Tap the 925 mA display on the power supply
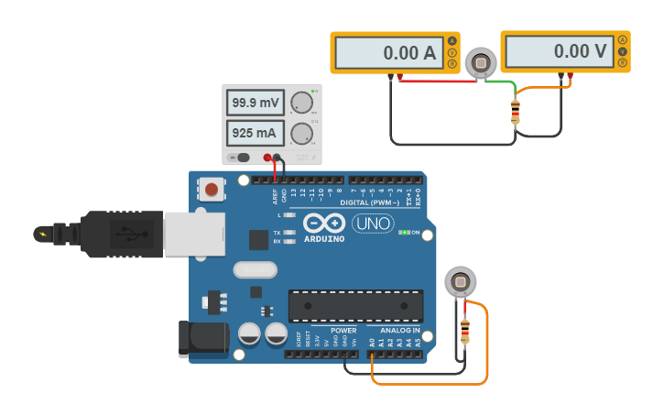click(x=254, y=134)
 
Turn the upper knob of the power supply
click(x=300, y=104)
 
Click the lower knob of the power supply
click(x=300, y=135)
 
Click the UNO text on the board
click(x=372, y=224)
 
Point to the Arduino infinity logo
click(x=324, y=224)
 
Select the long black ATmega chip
click(x=355, y=306)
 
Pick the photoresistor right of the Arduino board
click(x=460, y=281)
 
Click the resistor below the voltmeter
click(x=515, y=112)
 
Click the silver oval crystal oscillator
click(x=255, y=269)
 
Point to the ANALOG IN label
click(x=399, y=330)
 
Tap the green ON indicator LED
click(x=403, y=233)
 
